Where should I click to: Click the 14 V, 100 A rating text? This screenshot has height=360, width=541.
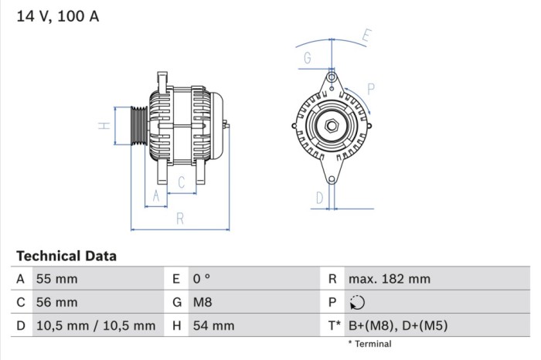[58, 15]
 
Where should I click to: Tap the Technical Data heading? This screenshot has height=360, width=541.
[66, 256]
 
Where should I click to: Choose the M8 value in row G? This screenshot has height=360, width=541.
[202, 302]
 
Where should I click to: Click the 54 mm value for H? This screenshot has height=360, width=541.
[213, 326]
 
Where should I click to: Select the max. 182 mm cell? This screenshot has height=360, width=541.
[389, 279]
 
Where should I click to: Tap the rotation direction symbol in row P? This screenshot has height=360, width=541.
[356, 303]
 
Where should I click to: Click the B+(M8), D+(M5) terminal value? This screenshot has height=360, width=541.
[397, 326]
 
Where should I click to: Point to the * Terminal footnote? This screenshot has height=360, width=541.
[369, 344]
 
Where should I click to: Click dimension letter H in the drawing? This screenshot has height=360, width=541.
[103, 125]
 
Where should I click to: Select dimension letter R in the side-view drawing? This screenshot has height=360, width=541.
[179, 219]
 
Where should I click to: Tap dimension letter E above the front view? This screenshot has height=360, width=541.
[368, 35]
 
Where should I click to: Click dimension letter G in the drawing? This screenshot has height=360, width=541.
[307, 58]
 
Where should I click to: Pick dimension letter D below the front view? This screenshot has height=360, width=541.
[319, 198]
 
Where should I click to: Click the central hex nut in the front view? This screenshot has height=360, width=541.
[331, 126]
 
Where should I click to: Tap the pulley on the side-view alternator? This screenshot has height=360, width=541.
[137, 125]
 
